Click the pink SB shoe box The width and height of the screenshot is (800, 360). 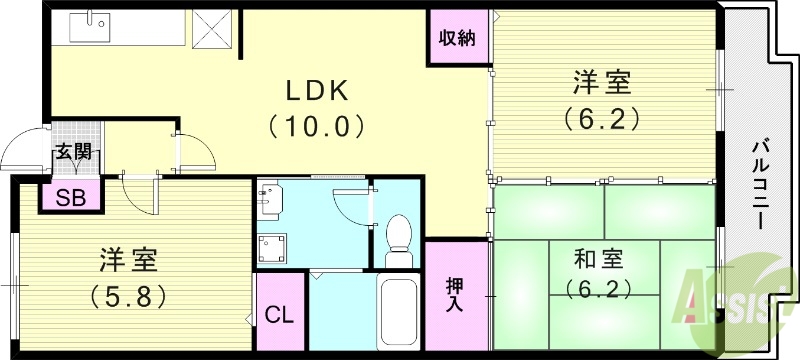point(70,196)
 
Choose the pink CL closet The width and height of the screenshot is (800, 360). point(278,315)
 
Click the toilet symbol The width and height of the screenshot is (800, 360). point(398,240)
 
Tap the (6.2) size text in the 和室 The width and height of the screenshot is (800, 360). point(600,291)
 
